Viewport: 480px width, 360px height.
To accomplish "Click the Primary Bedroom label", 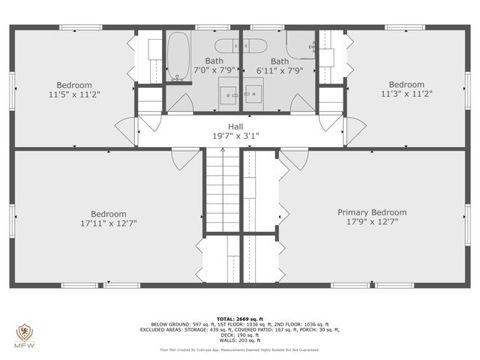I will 371,212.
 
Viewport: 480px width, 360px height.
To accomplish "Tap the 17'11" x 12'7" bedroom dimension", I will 109,223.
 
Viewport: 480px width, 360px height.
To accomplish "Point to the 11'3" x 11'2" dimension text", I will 406,94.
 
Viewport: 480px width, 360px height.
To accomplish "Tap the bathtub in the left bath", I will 178,55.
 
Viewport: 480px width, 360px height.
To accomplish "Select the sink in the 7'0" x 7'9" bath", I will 229,94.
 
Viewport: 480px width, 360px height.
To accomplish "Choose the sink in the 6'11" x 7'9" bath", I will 253,94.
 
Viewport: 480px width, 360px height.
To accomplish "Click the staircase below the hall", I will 222,191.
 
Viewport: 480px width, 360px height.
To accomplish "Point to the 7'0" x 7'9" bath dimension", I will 214,70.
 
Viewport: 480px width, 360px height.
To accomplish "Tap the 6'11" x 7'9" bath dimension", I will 280,70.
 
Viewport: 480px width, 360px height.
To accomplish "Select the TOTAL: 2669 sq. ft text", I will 239,319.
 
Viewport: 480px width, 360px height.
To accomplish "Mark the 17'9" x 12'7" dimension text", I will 371,222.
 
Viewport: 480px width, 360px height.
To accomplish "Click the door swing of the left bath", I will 180,105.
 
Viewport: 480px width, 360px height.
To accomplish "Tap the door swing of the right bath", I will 301,105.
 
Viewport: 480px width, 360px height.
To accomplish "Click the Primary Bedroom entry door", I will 294,159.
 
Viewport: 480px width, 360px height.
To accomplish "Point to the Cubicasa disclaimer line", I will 239,349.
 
